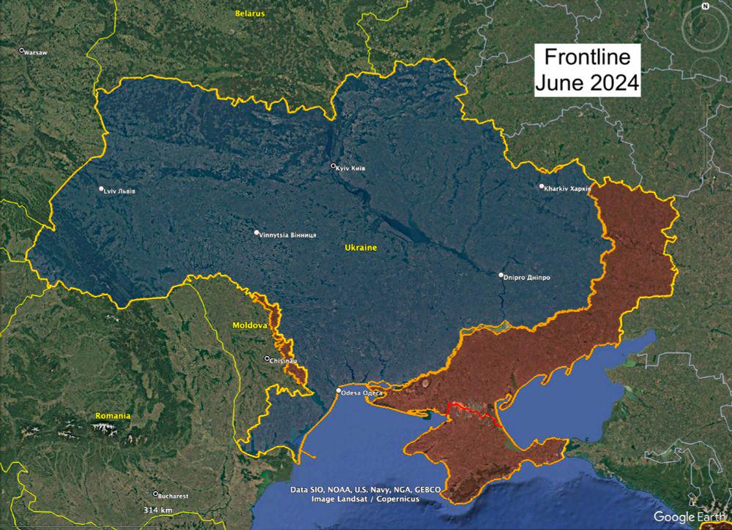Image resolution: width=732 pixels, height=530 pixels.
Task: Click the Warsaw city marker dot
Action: tap(21, 50)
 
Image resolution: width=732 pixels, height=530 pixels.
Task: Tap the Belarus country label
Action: tap(250, 13)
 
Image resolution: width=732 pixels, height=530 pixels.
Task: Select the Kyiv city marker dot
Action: tap(333, 166)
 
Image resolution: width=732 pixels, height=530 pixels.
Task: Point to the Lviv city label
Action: tap(121, 192)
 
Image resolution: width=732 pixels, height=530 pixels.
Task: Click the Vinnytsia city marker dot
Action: tap(257, 233)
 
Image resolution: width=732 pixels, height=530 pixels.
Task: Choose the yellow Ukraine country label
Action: tap(361, 248)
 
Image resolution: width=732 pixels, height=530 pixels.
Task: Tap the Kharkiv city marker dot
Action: tap(542, 186)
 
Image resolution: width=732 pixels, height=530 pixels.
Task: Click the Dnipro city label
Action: tap(528, 278)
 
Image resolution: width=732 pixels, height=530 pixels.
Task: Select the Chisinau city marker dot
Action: tap(266, 358)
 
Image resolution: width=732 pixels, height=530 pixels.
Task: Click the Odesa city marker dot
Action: tap(338, 391)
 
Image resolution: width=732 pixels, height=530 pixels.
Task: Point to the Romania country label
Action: tap(113, 416)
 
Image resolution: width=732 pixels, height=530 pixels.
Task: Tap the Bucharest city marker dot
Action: tap(155, 494)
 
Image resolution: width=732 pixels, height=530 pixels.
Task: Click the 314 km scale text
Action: tap(157, 510)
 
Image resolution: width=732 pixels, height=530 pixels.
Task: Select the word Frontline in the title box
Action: tap(586, 57)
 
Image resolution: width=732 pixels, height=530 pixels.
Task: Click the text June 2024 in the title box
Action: tap(586, 82)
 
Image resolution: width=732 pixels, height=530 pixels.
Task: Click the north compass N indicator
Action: tap(705, 7)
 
